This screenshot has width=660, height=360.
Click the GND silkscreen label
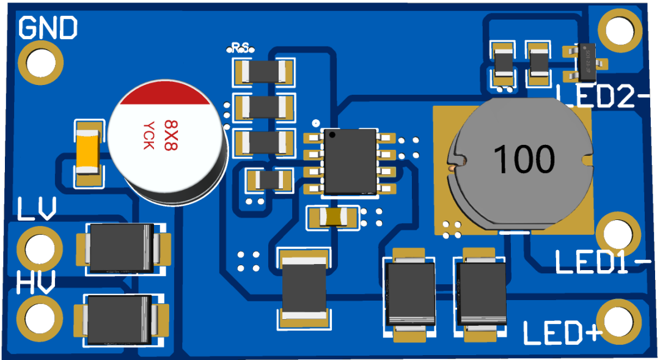coord(48,28)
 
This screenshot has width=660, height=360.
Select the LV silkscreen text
coord(37,209)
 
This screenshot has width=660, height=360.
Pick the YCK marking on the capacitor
coord(148,135)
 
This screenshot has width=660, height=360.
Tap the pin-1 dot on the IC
coord(331,134)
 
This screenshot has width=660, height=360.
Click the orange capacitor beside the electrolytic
coord(89,153)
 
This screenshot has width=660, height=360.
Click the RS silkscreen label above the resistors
coord(240,47)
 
